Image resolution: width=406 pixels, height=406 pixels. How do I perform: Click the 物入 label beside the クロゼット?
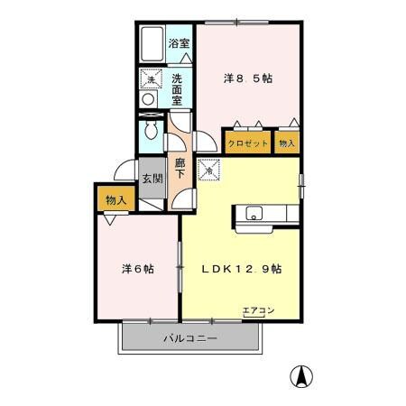[x=286, y=143]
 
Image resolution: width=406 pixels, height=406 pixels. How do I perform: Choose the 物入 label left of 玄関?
[x=114, y=198]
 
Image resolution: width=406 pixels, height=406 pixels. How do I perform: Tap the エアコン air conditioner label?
[x=258, y=311]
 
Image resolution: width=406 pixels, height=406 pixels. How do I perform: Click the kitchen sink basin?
[x=254, y=214]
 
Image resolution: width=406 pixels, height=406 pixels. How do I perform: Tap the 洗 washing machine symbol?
[x=150, y=80]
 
